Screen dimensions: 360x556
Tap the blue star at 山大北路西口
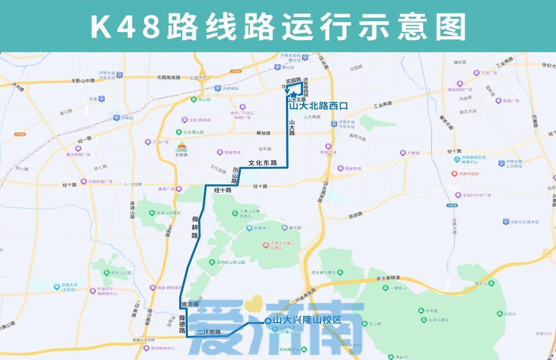[293, 94]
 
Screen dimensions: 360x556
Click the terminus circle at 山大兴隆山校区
[267, 321]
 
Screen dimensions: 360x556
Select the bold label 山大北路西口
[318, 106]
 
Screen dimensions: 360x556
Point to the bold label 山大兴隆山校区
[307, 320]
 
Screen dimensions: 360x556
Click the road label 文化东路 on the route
[263, 163]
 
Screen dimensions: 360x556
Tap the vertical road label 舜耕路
[195, 227]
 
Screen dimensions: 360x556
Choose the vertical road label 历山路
[235, 175]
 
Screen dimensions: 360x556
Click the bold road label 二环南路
[209, 332]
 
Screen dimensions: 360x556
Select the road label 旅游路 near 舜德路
[190, 304]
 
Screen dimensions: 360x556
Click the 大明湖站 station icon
[218, 88]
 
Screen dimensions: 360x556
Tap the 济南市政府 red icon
[455, 174]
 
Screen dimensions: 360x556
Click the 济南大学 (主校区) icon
[57, 287]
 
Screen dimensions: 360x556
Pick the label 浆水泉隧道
[388, 278]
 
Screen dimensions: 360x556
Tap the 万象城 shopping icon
[402, 153]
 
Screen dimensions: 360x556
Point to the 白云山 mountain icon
[499, 314]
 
